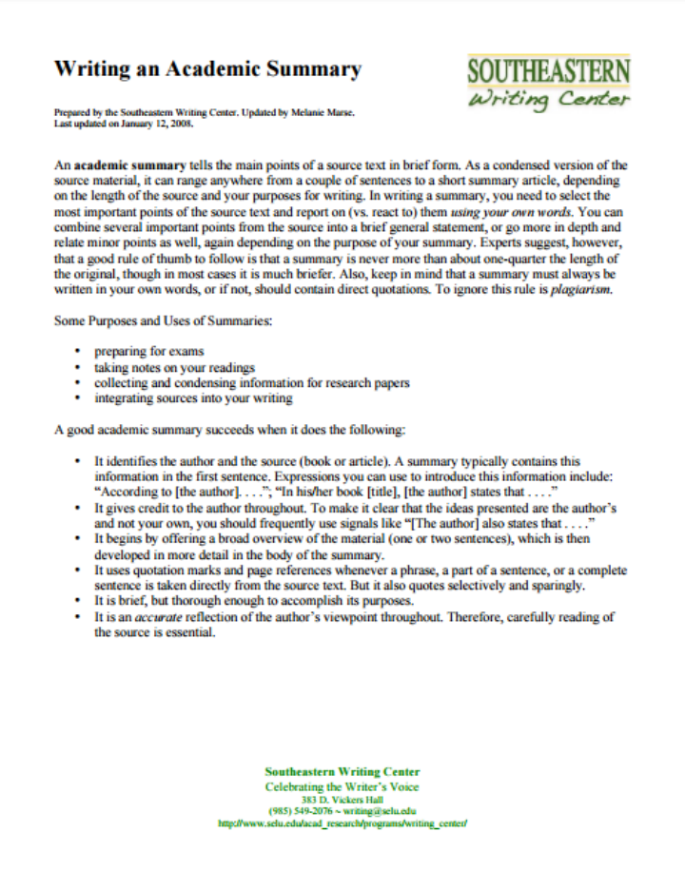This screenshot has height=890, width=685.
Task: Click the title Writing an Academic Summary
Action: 207,68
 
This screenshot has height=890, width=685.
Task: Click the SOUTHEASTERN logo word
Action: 548,72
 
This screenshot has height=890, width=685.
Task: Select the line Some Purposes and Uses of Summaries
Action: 164,320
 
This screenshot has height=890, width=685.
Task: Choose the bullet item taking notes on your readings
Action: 174,367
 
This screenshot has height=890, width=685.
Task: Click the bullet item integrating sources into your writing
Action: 193,398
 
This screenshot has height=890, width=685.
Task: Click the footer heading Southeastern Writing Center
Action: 342,771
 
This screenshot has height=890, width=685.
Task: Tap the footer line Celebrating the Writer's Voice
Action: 342,786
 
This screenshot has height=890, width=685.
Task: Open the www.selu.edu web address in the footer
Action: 342,823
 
